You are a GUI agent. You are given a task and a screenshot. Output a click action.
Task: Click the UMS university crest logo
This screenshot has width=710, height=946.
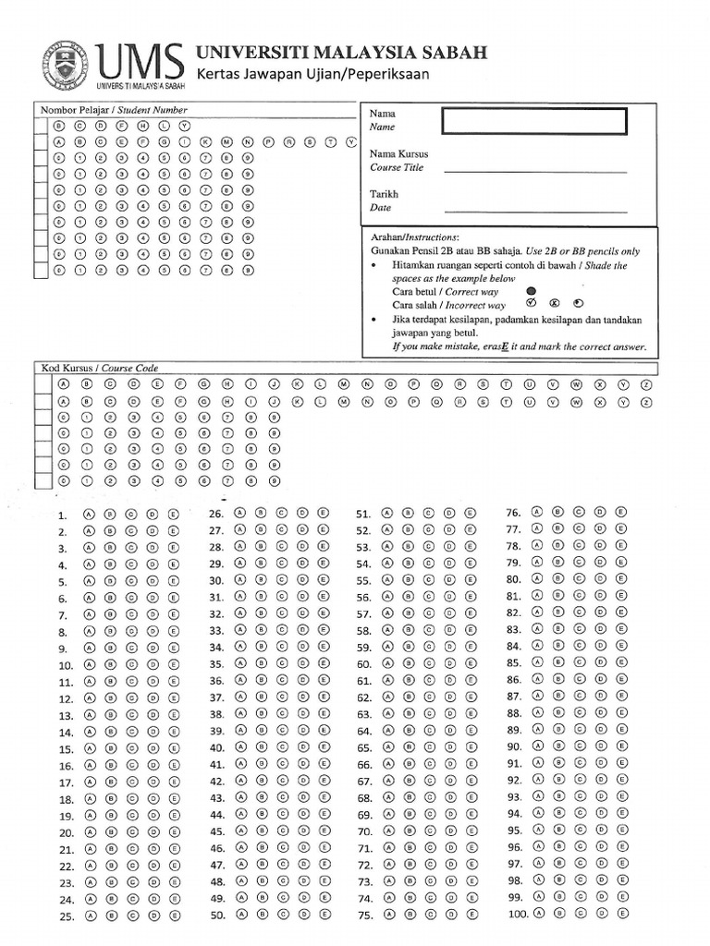click(66, 65)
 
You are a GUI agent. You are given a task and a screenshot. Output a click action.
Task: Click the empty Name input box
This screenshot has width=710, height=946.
click(534, 121)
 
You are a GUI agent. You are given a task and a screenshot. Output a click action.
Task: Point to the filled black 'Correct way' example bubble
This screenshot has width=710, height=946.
click(530, 290)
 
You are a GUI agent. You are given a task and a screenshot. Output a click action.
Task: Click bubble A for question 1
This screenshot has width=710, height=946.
click(89, 515)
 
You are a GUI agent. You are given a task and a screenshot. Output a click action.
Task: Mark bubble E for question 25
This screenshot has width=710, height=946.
click(174, 916)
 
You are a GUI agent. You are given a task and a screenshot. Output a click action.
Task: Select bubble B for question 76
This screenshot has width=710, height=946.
click(557, 512)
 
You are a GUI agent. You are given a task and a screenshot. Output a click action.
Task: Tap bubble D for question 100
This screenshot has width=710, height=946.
click(600, 913)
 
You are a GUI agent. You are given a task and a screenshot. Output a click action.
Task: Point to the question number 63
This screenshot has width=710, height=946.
click(363, 715)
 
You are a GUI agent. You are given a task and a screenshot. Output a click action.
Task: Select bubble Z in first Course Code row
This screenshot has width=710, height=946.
click(646, 384)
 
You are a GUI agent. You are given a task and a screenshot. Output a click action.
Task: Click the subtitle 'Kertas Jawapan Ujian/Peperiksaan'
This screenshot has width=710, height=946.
click(312, 75)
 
